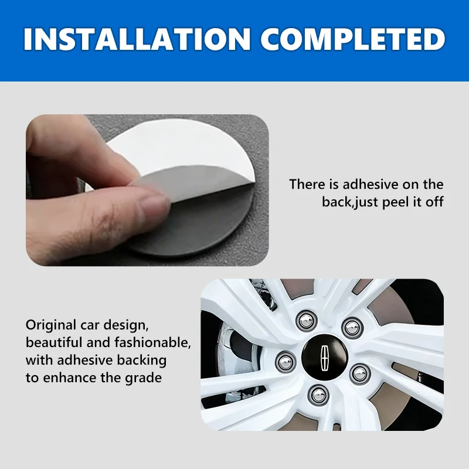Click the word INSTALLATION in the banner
137,39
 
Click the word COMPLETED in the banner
353,39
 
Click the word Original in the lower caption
51,325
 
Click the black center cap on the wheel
325,358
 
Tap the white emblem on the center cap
325,359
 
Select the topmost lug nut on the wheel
307,321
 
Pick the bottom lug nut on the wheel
318,395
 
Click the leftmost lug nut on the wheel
286,362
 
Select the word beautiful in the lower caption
53,342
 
